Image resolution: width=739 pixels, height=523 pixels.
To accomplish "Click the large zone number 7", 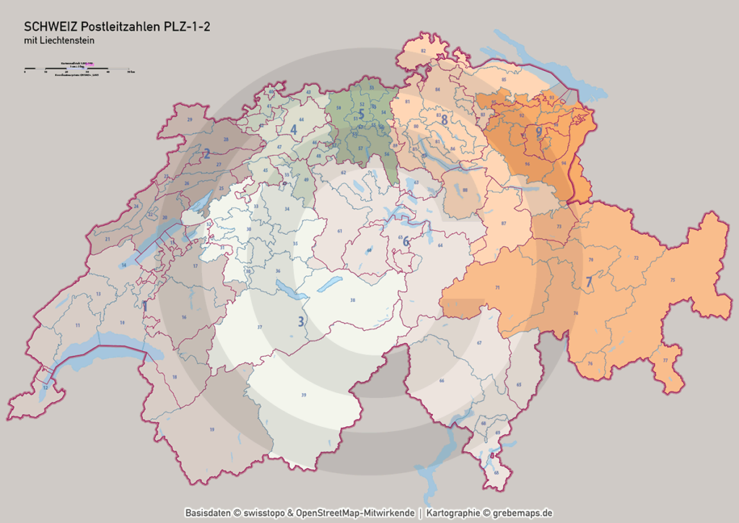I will (589, 280).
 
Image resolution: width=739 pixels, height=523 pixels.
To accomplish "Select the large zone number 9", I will (538, 132).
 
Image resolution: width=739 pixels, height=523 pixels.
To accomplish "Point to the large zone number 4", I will (294, 129).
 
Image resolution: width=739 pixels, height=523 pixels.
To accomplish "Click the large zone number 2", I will (206, 153).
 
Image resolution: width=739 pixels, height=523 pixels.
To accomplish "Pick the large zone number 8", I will (445, 120).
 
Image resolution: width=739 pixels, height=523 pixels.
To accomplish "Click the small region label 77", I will (665, 360).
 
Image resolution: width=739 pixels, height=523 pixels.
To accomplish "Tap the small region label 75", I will (672, 280).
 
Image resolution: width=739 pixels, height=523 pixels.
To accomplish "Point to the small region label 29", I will (189, 119).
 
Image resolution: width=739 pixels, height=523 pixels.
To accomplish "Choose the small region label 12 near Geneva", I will (45, 388).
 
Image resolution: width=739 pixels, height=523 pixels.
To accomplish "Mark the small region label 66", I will (442, 381).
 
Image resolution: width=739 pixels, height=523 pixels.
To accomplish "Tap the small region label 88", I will (465, 190).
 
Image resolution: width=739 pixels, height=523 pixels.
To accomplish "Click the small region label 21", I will (107, 238).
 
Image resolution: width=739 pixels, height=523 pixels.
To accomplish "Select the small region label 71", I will (497, 288).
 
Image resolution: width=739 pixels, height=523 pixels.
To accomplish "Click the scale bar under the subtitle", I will (76, 70).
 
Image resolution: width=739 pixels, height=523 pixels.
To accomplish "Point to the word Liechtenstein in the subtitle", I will (70, 41).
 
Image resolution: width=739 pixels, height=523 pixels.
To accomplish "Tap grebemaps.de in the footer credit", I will (522, 513).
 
